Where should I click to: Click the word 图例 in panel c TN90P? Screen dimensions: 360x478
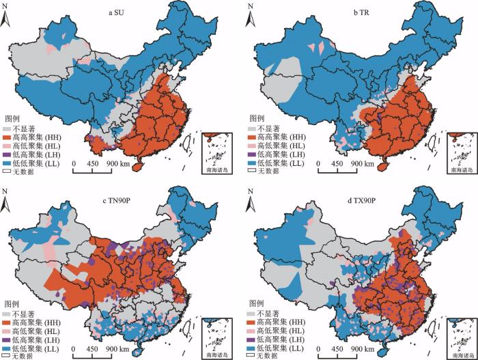14,303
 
